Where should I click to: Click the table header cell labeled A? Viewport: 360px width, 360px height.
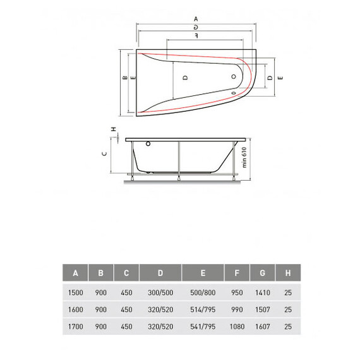click(75, 273)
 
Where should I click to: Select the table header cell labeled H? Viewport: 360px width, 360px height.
click(288, 273)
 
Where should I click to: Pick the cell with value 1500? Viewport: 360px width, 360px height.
click(75, 292)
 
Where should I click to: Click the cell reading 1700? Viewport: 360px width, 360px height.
click(75, 328)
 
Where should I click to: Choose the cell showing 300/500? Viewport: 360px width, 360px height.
click(160, 292)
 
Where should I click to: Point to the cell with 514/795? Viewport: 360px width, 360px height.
click(203, 310)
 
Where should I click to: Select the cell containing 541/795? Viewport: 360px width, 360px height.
click(203, 328)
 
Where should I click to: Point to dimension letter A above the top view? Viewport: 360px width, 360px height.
click(196, 19)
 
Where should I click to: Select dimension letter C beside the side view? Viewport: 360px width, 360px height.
click(104, 153)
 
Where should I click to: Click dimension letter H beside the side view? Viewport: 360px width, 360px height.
click(113, 129)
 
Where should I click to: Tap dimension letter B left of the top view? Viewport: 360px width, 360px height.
click(124, 77)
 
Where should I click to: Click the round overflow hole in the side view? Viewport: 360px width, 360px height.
click(148, 143)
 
